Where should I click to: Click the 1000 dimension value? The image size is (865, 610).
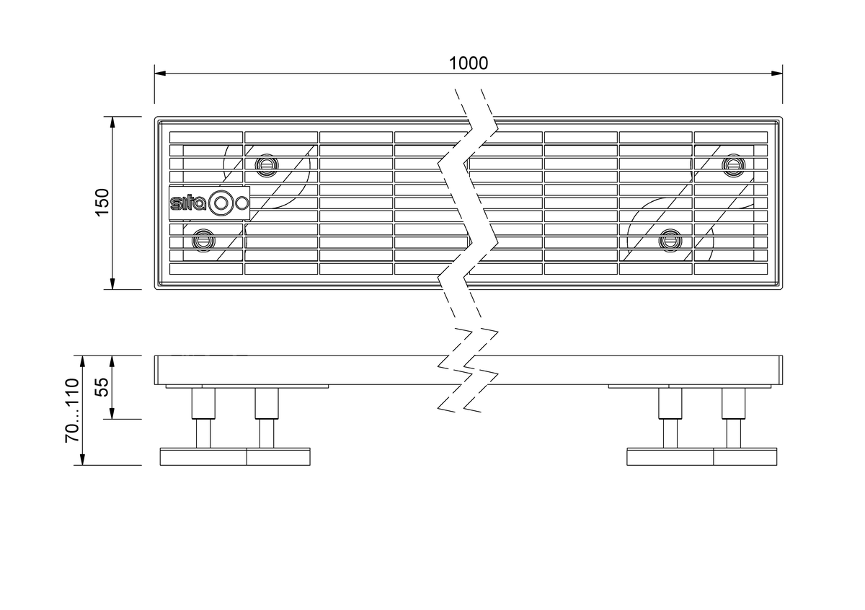pos(469,63)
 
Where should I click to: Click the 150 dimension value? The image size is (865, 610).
pos(102,203)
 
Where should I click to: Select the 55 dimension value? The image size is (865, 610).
pos(102,387)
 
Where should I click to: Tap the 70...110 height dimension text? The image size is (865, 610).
pos(72,410)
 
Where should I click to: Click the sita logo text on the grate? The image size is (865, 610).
pos(188,203)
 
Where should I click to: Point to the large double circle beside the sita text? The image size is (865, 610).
pos(221,203)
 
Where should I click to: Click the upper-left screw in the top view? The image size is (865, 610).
pos(267,165)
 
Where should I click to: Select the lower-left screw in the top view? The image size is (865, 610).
pos(203,241)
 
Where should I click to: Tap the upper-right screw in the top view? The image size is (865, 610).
pos(733,165)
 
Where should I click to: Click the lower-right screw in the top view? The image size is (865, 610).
pos(670,241)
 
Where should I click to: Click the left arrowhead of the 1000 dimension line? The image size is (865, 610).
pos(160,73)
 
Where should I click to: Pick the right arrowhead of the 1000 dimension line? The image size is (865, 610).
pos(777,73)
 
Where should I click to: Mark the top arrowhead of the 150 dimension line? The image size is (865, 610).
pos(112,123)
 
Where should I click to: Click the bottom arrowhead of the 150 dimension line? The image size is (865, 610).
pos(112,283)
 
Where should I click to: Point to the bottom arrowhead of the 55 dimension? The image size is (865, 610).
pos(112,413)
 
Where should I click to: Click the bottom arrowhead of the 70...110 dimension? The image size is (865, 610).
pos(82,459)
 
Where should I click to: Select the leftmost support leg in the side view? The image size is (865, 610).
pos(203,418)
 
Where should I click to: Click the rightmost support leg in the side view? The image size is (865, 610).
pos(733,418)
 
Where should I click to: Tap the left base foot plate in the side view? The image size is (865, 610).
pos(235,456)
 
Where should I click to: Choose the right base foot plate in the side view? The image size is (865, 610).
pos(702,456)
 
